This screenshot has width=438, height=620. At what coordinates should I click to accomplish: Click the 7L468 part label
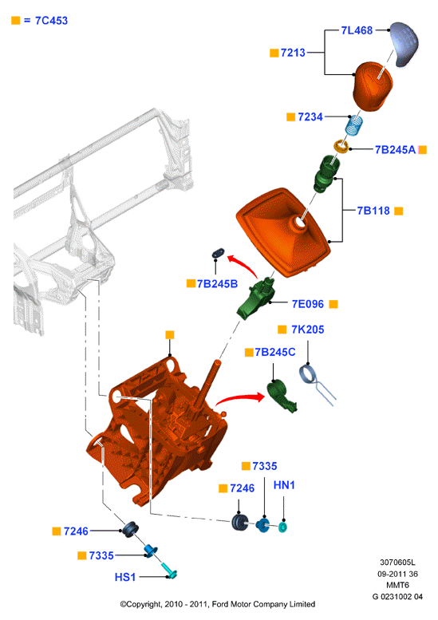[x=357, y=30]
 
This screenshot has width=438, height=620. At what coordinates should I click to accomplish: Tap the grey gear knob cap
[x=404, y=44]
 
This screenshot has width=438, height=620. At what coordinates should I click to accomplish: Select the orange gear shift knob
[x=373, y=86]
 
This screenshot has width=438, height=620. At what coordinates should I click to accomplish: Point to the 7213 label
[x=293, y=53]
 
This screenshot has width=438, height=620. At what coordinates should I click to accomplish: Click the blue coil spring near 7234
[x=354, y=125]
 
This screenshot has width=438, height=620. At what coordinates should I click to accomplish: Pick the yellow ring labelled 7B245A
[x=341, y=147]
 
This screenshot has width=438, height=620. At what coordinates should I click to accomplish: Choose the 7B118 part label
[x=373, y=211]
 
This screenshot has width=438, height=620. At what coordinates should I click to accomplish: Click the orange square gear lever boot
[x=283, y=232]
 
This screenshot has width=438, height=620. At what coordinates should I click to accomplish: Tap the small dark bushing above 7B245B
[x=219, y=253]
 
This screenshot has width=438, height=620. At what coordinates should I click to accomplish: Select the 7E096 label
[x=307, y=304]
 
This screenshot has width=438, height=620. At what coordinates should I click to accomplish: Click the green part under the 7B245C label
[x=282, y=396]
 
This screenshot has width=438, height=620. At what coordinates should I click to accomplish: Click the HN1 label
[x=284, y=485]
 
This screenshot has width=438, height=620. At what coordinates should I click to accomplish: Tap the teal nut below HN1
[x=282, y=527]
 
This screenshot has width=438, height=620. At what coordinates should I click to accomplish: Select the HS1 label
[x=125, y=577]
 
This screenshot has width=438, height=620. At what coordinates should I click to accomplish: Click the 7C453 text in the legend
[x=51, y=21]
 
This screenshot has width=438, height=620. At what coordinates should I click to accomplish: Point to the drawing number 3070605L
[x=397, y=563]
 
